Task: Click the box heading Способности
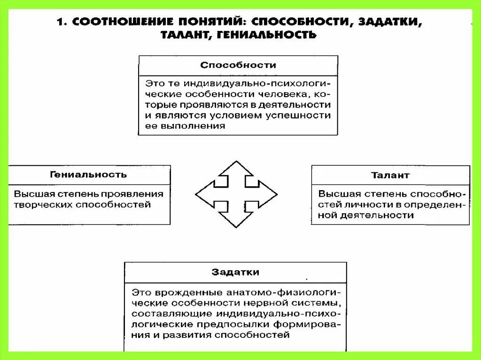238,65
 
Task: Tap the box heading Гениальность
88,175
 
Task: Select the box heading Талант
390,175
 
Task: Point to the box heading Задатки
235,272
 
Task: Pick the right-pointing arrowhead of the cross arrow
269,194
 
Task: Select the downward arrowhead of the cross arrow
236,220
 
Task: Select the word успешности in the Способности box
301,115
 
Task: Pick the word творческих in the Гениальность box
39,205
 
